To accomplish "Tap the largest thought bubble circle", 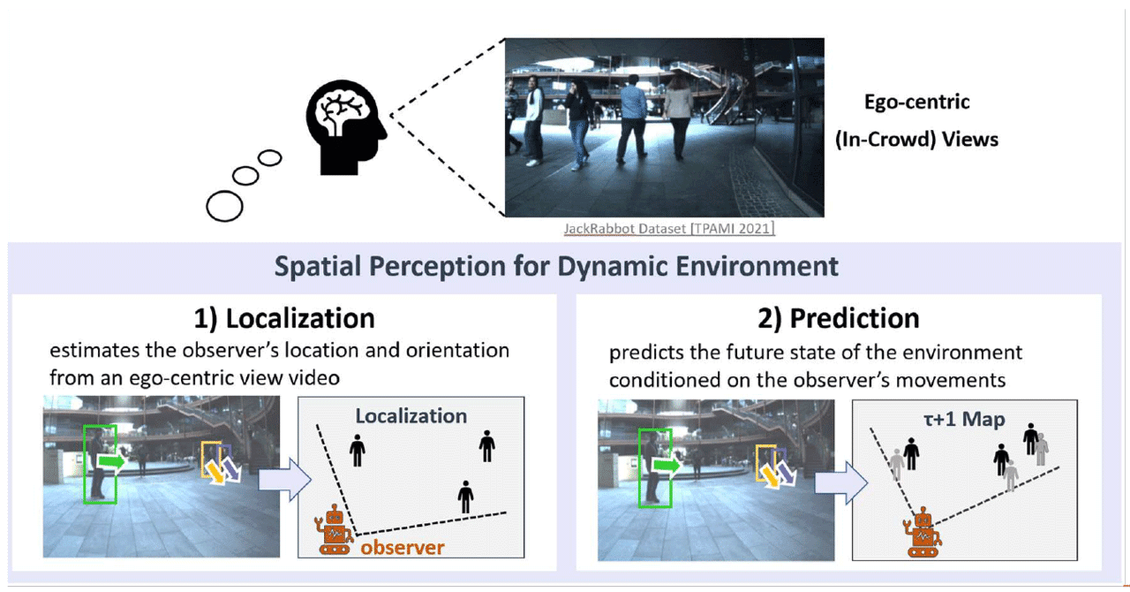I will (224, 206).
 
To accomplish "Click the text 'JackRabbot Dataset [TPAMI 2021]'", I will (669, 229).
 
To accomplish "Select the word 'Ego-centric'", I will (916, 102).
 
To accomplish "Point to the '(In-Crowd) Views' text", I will (916, 139).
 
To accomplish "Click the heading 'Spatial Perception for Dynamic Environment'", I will (556, 266).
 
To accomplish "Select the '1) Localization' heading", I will (284, 318).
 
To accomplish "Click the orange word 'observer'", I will (402, 548).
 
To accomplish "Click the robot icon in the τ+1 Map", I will (922, 532).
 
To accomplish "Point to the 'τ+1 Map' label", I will (964, 419).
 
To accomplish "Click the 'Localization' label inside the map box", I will (411, 415).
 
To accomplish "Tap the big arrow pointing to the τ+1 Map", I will (838, 482).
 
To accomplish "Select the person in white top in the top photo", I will (533, 119).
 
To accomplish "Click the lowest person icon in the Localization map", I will (465, 497).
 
